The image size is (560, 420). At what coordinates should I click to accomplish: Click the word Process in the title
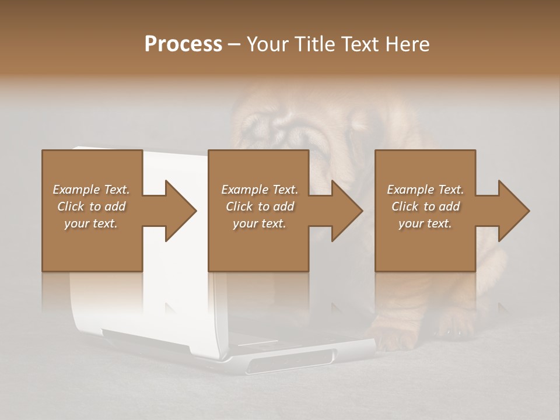coord(183,44)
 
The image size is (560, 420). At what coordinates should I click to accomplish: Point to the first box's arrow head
coord(181,211)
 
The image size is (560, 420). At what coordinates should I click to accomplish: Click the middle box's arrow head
coord(347,211)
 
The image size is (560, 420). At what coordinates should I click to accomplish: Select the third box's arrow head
coord(514,211)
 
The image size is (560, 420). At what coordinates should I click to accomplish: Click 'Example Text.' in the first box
coord(91,190)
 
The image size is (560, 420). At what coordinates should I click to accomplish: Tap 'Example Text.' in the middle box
coord(260,190)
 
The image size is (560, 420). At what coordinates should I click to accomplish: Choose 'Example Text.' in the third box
coord(425,190)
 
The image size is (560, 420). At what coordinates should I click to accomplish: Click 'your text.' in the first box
coord(91,223)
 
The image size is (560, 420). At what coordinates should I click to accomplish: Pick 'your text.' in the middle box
coord(260,223)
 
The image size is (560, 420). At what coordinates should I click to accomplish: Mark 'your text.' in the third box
coord(425,223)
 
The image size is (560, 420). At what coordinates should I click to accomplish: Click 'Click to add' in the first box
coord(91,206)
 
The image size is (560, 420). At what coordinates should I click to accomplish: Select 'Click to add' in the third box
coord(425,206)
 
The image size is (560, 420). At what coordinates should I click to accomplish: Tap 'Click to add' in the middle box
coord(260,206)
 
